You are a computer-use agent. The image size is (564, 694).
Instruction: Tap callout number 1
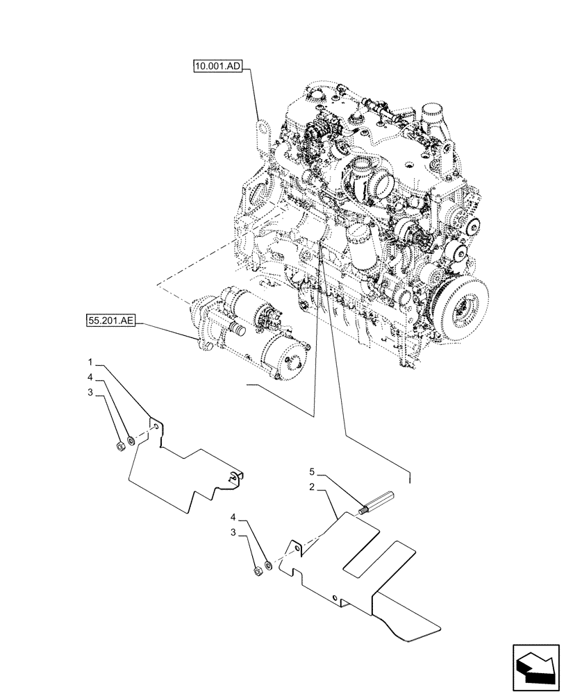tap(90, 362)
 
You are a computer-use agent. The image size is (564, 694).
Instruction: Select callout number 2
tap(313, 489)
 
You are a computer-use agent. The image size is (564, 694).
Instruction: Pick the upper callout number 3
tap(90, 392)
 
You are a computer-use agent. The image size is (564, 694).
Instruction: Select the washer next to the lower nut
tap(267, 564)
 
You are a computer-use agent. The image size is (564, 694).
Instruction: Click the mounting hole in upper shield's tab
tap(156, 428)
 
